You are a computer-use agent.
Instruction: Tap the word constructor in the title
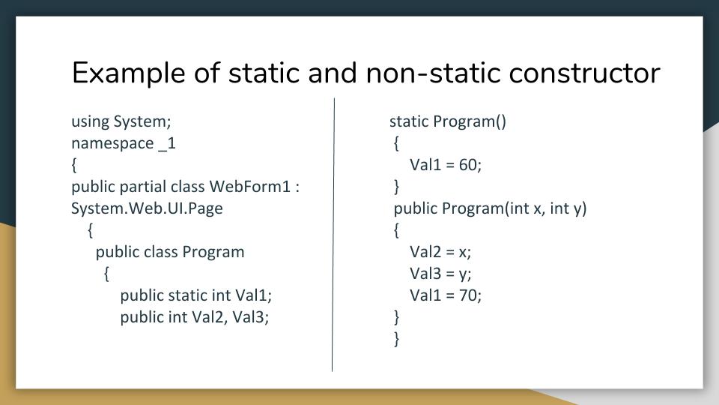(585, 73)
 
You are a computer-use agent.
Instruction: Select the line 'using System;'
(121, 121)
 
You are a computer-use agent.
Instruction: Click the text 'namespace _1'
(124, 143)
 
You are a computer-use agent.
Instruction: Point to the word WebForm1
(250, 187)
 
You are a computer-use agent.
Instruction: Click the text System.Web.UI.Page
(147, 208)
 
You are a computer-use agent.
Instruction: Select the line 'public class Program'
(170, 252)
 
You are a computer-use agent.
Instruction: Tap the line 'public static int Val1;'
(195, 295)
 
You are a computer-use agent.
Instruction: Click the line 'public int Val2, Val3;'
(195, 317)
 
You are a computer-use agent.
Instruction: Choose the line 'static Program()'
(448, 121)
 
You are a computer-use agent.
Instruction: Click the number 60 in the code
(467, 165)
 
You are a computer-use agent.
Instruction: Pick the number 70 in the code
(467, 295)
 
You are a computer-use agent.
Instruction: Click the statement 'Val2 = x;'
(440, 252)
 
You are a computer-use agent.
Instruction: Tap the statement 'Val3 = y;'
(440, 274)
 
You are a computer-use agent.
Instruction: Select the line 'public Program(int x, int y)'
(490, 208)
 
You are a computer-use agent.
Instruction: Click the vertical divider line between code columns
(333, 235)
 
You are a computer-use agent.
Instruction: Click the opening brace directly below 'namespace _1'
(74, 165)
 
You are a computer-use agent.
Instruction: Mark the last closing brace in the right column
(397, 339)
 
